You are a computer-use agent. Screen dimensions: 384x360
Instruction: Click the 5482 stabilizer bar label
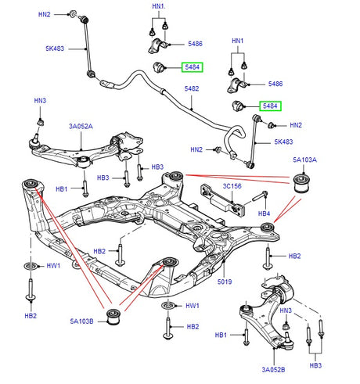(191, 89)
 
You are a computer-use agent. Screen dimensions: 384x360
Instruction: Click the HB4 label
(264, 213)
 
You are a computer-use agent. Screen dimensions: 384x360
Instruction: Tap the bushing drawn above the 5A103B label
(116, 317)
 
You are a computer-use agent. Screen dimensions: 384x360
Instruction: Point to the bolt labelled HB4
(261, 196)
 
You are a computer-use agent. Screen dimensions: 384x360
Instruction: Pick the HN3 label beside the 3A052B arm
(286, 311)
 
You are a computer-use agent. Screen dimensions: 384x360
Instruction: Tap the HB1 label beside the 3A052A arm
(62, 188)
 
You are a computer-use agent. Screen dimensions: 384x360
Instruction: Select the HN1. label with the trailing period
(159, 6)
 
